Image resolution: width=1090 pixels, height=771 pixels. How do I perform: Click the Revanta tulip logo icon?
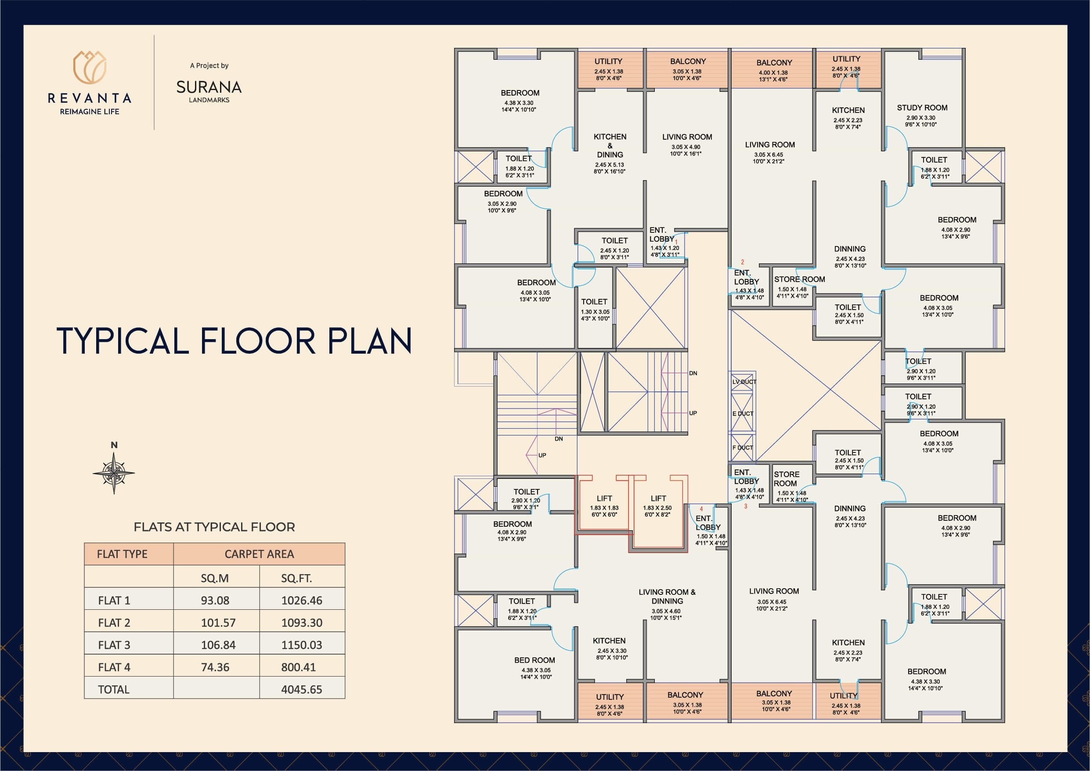(x=90, y=68)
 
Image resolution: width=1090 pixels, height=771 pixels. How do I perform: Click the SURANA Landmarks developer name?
(x=209, y=87)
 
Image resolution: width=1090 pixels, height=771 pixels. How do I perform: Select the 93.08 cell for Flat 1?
(x=215, y=601)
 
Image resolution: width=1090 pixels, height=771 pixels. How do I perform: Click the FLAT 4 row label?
(x=114, y=667)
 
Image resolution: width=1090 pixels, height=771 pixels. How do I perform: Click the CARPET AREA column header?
(x=259, y=554)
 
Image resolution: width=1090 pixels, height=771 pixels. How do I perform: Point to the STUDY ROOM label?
(x=922, y=108)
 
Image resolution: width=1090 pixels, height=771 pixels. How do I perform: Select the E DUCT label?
(x=743, y=414)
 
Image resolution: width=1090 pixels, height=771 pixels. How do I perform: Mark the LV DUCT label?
(x=744, y=382)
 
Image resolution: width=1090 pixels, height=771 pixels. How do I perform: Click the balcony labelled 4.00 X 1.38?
(x=774, y=69)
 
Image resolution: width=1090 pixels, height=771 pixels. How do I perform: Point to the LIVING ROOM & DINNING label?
(x=667, y=597)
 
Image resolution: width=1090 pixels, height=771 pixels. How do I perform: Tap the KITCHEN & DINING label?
(x=610, y=146)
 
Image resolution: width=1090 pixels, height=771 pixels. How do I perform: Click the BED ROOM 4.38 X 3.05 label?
(x=534, y=660)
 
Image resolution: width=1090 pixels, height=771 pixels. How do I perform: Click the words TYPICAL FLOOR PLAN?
(x=234, y=341)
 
